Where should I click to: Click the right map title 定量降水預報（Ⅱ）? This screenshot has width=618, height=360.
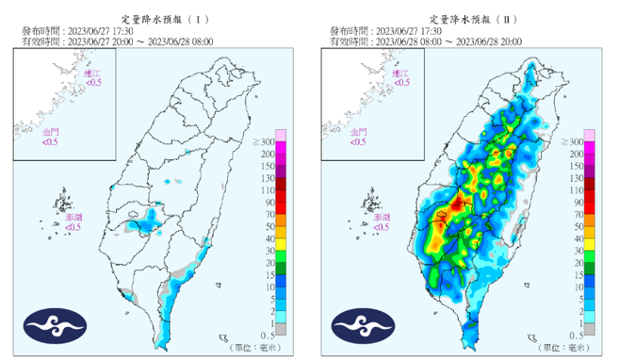click(467, 18)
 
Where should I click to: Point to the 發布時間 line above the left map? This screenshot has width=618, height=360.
click(81, 30)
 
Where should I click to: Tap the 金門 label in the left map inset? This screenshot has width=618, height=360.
click(49, 132)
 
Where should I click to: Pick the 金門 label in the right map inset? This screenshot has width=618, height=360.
click(358, 132)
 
